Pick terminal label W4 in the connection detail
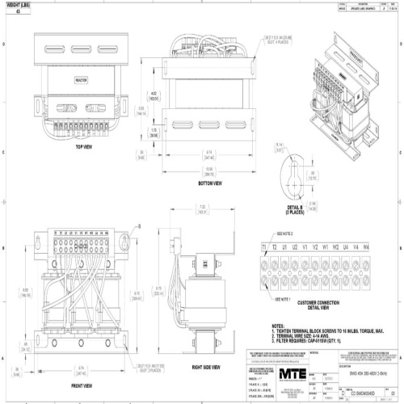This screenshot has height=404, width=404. tap(365, 245)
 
